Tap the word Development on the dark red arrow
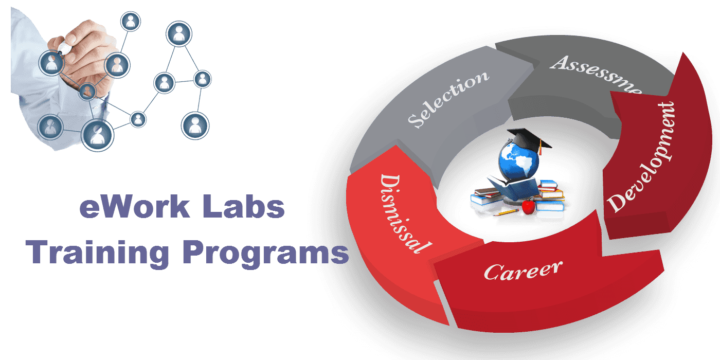point(642,156)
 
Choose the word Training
point(98,252)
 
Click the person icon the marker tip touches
point(51,62)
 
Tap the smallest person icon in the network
point(138,119)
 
